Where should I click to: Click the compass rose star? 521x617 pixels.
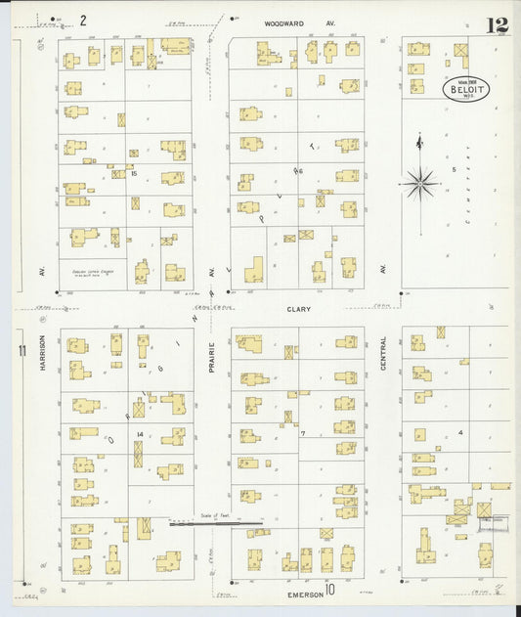419,182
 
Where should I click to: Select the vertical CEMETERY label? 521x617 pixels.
468,186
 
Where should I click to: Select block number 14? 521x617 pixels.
141,433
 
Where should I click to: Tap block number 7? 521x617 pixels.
304,432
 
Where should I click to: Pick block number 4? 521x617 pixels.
459,431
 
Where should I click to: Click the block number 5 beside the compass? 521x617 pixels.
454,169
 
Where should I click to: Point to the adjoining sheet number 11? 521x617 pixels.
21,351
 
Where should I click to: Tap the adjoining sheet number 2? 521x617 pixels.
83,20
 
